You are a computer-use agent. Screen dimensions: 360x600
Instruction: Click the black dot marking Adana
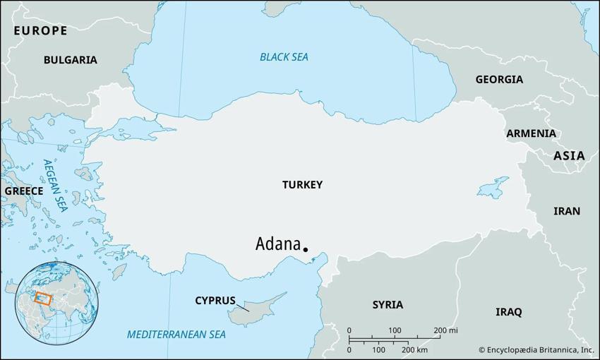click(305, 249)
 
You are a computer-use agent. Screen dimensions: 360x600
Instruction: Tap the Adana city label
click(277, 244)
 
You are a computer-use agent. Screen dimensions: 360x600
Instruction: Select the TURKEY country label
click(302, 185)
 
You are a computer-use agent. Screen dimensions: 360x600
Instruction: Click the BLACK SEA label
click(284, 57)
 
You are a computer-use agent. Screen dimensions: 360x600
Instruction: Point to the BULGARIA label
click(70, 60)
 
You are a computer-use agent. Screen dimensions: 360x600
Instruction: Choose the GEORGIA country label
click(499, 79)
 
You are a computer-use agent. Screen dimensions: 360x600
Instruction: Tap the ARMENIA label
click(531, 133)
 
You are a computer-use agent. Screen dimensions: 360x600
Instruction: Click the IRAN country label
click(566, 211)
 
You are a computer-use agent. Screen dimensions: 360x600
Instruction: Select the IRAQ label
click(508, 311)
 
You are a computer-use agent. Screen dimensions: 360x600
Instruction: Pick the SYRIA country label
click(388, 305)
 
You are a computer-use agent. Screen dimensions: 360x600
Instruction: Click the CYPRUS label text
click(215, 301)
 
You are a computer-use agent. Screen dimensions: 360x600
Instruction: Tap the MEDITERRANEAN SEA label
click(176, 335)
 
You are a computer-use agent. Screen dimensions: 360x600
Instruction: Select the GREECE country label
click(24, 191)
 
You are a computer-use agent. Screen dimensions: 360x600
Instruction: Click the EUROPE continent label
click(40, 30)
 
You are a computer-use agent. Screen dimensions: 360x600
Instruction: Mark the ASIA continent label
click(568, 155)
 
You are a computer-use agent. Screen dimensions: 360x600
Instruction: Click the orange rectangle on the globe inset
click(43, 299)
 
